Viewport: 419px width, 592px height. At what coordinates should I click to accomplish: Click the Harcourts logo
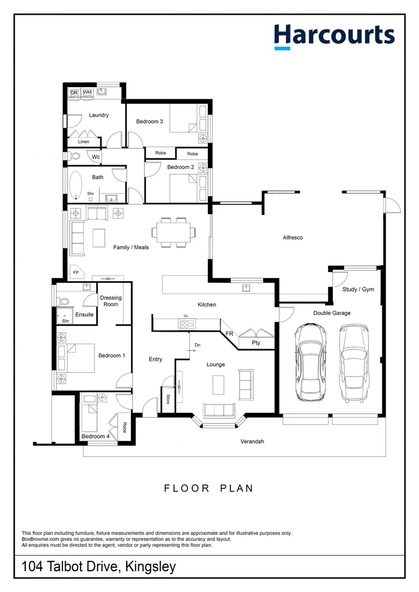pos(334,36)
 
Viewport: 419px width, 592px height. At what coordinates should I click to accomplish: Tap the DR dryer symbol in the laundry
pos(74,93)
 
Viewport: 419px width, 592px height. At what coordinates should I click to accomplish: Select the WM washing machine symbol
pos(87,93)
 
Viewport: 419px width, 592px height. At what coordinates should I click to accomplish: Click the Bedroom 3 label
pos(150,122)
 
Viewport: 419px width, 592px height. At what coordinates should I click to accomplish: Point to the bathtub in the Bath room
pos(75,184)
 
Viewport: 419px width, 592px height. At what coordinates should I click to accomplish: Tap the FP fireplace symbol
pos(76,272)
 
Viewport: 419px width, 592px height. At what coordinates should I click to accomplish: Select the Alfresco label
pos(292,238)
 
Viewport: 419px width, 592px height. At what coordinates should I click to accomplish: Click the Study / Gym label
pos(358,289)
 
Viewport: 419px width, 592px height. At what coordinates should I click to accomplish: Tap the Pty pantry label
pos(256,343)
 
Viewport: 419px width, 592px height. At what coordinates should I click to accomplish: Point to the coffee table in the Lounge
pos(219,384)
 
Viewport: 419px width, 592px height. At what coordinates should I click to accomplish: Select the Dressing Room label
pos(111,301)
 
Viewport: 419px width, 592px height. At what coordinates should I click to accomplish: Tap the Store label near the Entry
pos(167,400)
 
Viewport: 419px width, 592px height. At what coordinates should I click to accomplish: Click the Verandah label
pos(252,441)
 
